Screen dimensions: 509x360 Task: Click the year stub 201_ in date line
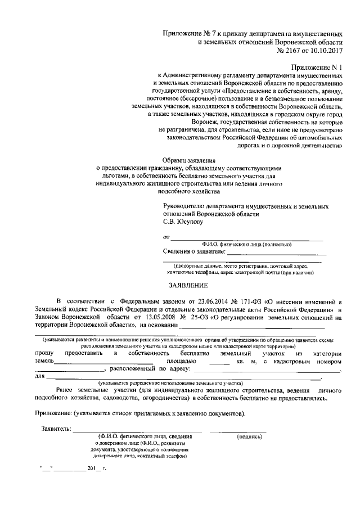click(x=87, y=468)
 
